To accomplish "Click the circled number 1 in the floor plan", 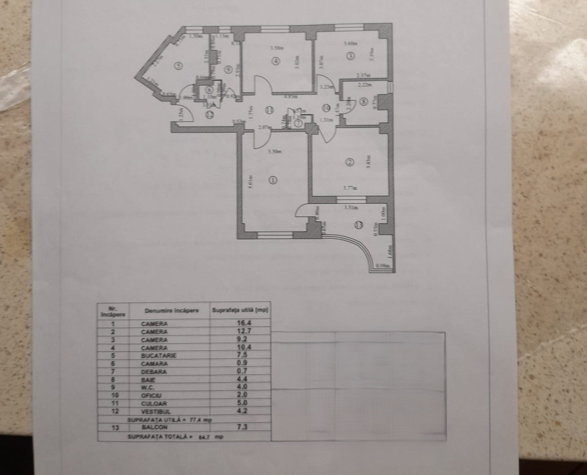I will pos(273,179).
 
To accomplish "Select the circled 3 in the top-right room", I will pos(349,55).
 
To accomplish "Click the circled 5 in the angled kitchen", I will pos(179,65).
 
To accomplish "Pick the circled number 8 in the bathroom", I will pos(364,102).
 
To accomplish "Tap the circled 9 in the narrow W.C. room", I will pos(226,69).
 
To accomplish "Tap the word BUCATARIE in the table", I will pos(155,355).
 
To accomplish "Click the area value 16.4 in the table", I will pos(242,323).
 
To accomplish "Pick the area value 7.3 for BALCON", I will pos(242,427).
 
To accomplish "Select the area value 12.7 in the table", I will pos(242,331).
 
